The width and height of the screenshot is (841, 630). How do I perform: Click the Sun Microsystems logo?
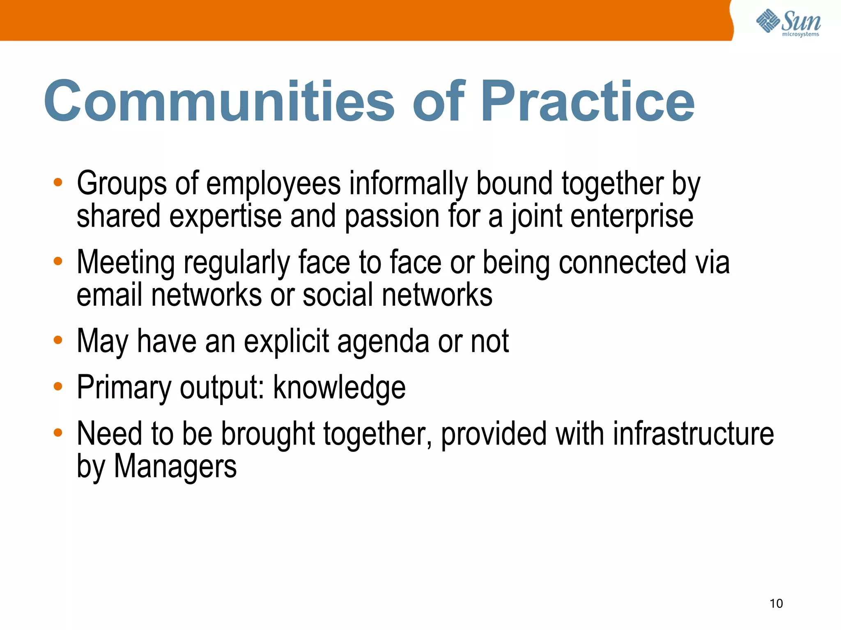788,22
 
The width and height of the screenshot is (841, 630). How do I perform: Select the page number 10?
776,603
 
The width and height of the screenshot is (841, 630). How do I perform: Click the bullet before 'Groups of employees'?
58,182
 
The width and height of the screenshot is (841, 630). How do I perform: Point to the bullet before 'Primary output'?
58,386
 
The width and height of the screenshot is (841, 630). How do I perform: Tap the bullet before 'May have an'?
58,340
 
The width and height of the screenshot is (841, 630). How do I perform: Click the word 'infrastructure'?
693,434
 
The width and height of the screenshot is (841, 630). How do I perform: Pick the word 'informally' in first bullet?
408,183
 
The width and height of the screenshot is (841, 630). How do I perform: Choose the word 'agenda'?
383,341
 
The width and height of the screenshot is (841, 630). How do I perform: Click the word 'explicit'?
286,341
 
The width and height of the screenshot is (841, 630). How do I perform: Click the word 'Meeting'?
126,263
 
